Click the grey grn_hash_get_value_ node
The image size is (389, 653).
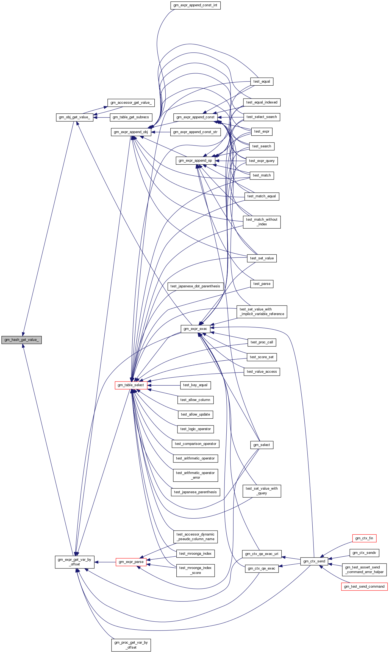21,340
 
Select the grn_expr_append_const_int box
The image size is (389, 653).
195,5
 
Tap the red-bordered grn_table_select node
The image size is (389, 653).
131,385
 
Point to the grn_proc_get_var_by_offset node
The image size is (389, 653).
131,645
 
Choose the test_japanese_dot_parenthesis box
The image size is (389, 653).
195,286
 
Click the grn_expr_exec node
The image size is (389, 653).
195,329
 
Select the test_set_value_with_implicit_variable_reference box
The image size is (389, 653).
262,312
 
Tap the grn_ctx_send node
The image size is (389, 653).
314,561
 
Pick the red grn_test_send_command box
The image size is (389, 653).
364,587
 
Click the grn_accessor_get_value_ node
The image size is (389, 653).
131,103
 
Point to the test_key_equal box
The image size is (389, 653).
195,385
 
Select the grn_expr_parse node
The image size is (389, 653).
131,562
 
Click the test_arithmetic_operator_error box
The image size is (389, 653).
195,475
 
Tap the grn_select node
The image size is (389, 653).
262,445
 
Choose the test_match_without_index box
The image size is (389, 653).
262,222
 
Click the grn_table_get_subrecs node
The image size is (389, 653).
131,117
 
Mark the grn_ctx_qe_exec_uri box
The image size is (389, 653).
262,554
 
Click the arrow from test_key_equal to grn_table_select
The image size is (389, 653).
164,385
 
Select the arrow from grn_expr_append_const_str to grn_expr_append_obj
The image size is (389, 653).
161,132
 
